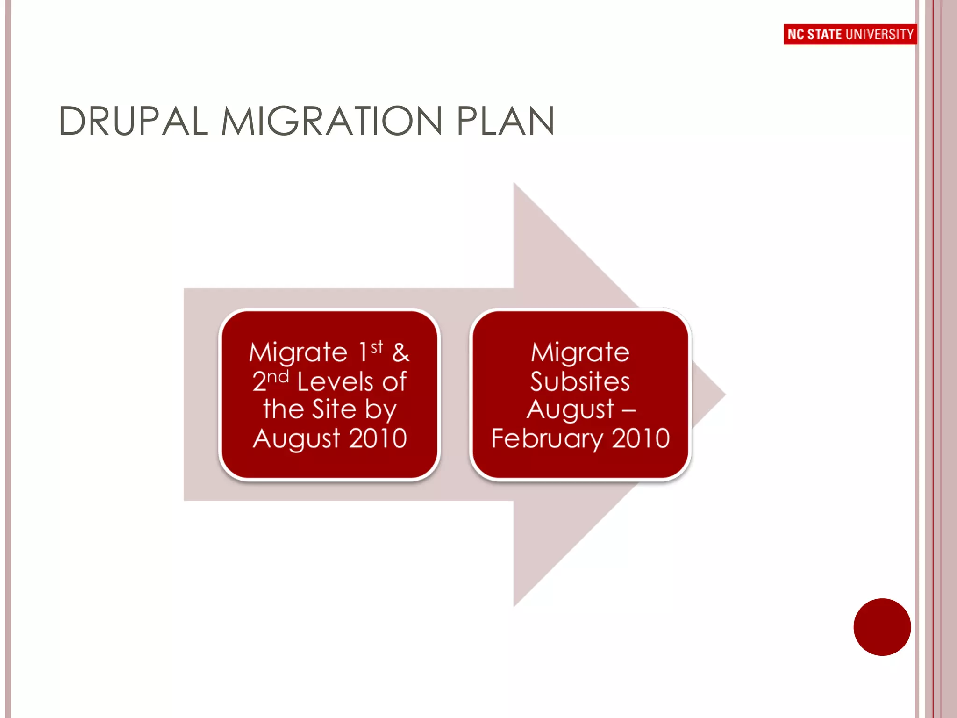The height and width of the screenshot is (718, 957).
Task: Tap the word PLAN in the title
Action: tap(506, 122)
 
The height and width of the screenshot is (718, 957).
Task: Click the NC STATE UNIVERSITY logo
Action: tap(850, 34)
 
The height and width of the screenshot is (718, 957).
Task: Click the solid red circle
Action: tap(882, 627)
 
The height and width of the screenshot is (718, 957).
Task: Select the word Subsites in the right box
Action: tap(580, 381)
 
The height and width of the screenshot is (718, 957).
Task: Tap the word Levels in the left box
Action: tap(335, 381)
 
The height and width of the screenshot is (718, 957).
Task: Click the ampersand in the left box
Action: tap(401, 352)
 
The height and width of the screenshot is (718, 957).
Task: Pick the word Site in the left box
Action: tap(334, 409)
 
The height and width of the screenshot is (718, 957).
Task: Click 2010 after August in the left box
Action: tap(378, 438)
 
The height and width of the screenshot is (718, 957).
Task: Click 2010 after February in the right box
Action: tap(641, 438)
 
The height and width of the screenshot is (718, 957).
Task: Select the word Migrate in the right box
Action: tap(580, 352)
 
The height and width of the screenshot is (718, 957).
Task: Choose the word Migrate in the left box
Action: tap(298, 352)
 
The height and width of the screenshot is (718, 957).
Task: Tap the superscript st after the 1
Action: tap(377, 347)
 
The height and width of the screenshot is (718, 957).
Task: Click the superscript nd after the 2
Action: tap(278, 376)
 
